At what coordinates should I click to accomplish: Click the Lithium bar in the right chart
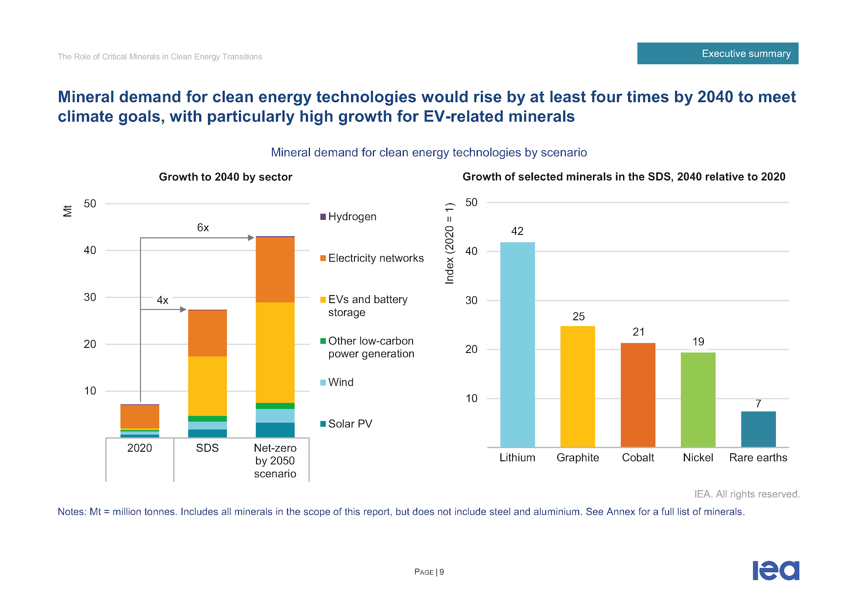coord(517,344)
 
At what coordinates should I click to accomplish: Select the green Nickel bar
coord(698,399)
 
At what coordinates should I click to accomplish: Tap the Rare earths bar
coord(758,429)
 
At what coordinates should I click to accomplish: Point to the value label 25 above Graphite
coord(578,316)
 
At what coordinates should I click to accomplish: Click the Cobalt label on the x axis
coord(638,458)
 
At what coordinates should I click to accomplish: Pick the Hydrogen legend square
coord(323,217)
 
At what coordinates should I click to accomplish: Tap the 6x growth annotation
coord(203,228)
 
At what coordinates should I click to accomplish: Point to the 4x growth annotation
coord(162,300)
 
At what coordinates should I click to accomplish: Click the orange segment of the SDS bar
coord(208,333)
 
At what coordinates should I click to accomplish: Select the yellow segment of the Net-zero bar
coord(275,352)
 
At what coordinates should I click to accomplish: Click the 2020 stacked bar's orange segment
coord(140,417)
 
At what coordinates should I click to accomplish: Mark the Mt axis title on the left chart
coord(68,211)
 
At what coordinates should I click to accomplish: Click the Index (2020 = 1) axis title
coord(449,243)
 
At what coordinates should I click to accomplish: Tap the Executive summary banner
coord(717,54)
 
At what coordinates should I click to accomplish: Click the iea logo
coord(776,571)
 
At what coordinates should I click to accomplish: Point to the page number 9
coord(441,572)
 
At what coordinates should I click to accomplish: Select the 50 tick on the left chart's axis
coord(90,204)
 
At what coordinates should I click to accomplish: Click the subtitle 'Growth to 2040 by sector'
coord(225,177)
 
